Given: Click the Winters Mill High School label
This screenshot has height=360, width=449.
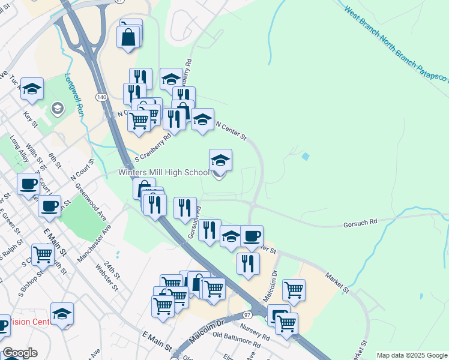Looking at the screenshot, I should (164, 173).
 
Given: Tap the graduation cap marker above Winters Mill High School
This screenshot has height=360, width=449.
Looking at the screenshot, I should (220, 160).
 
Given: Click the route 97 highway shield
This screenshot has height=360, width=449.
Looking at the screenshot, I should (247, 315).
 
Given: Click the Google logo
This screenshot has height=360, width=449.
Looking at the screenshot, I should (19, 353).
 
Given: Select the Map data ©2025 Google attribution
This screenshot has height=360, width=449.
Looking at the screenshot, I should (412, 355).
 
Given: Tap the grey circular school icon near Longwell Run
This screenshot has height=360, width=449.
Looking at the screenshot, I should (57, 108).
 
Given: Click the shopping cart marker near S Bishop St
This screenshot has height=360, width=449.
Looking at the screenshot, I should (43, 255).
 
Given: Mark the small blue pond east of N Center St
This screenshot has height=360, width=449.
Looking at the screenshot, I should (306, 157).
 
